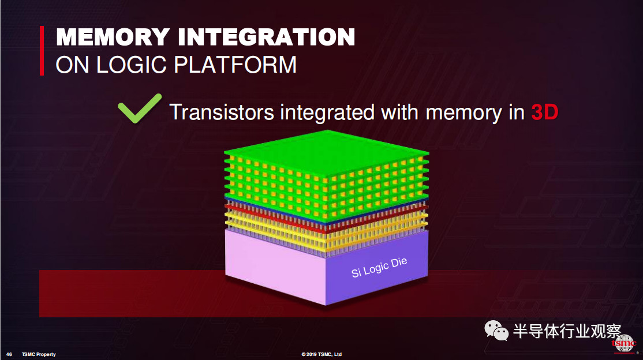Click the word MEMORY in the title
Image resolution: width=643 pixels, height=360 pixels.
click(113, 37)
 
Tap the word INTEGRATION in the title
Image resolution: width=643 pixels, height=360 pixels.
click(267, 37)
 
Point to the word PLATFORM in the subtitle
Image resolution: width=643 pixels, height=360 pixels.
click(235, 65)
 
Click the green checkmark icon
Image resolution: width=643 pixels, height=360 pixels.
click(140, 108)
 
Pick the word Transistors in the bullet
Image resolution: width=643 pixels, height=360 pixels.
click(222, 112)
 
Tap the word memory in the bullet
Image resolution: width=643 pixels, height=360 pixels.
click(464, 114)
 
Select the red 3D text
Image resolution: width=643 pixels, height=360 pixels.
click(544, 112)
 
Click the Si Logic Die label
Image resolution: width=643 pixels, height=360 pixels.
click(379, 267)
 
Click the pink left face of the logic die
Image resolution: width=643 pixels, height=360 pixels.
click(275, 267)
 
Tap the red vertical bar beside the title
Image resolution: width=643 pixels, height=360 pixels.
click(42, 50)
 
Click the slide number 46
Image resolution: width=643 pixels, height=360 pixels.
click(9, 354)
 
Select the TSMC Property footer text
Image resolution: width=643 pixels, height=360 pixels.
click(39, 354)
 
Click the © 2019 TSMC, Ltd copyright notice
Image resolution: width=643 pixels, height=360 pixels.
click(321, 354)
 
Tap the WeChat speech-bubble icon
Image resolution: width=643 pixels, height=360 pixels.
click(496, 331)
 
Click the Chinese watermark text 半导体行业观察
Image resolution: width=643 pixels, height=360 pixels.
click(567, 331)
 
